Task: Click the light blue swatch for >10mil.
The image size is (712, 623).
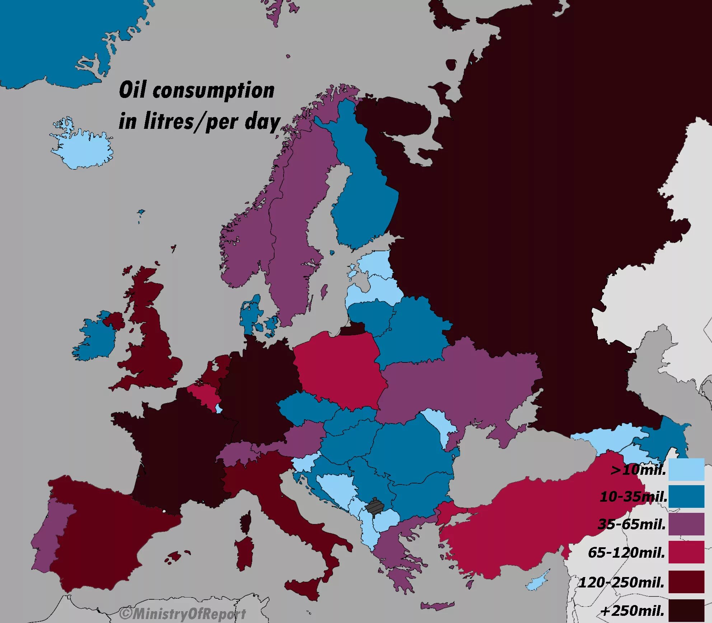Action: pyautogui.click(x=686, y=469)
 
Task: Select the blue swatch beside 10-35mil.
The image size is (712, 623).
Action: pyautogui.click(x=686, y=496)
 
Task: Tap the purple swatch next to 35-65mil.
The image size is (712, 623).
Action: pyautogui.click(x=686, y=524)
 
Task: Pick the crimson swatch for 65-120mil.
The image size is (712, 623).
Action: pyautogui.click(x=686, y=552)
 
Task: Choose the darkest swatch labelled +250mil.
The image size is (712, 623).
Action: pyautogui.click(x=686, y=610)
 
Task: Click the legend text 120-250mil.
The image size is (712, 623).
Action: pyautogui.click(x=622, y=582)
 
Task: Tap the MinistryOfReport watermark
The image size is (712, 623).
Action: pyautogui.click(x=183, y=614)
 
